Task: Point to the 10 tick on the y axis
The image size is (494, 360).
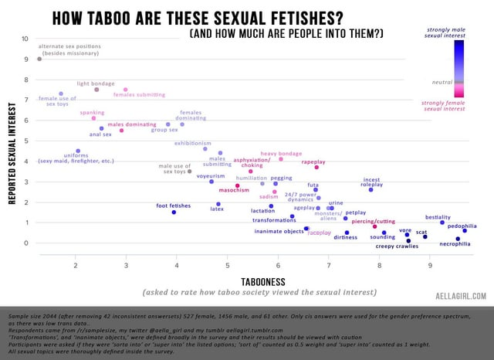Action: click(x=25, y=39)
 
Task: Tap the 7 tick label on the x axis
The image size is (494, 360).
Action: click(x=328, y=266)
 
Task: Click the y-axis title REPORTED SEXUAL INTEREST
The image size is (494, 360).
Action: click(x=12, y=155)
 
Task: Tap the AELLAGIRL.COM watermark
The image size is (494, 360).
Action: click(x=461, y=295)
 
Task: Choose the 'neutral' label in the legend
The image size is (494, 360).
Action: click(x=441, y=81)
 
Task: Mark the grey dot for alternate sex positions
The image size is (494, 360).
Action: click(x=39, y=59)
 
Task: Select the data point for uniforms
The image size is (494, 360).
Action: click(x=78, y=151)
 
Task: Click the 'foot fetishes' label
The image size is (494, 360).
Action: click(x=173, y=205)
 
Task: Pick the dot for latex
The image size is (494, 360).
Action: click(x=218, y=204)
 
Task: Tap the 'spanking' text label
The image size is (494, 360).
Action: click(x=92, y=113)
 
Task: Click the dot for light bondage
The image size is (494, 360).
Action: click(x=96, y=90)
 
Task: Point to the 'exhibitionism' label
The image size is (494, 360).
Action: click(x=192, y=143)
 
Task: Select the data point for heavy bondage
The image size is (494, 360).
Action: click(x=281, y=159)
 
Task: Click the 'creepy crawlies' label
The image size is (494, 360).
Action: click(x=397, y=246)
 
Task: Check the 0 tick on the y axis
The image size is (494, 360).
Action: click(x=25, y=243)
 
